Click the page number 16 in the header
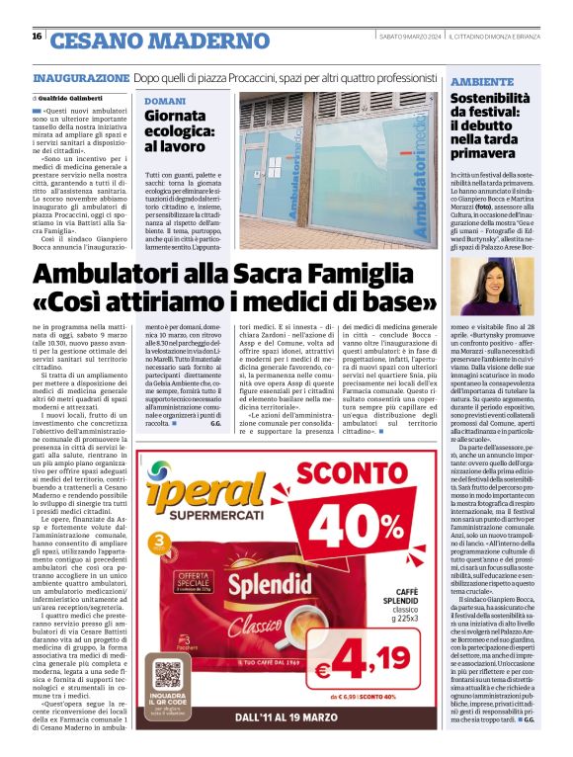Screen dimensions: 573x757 [37, 36]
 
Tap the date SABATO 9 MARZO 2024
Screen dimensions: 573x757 [410, 37]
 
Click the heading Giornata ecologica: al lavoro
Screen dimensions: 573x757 [181, 130]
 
